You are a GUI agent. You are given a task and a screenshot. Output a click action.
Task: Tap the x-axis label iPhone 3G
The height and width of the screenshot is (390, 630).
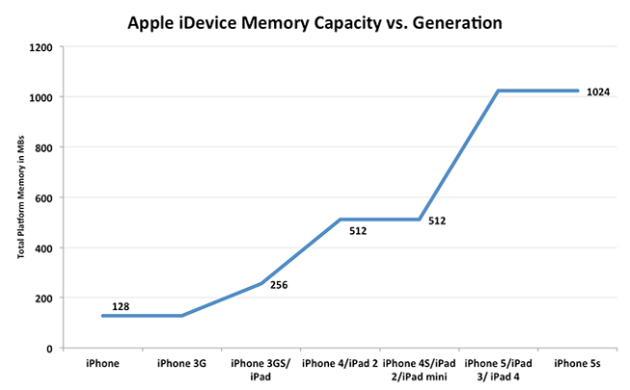coord(181,363)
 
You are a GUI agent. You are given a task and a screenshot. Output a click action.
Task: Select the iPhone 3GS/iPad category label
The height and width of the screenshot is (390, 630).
coord(261,369)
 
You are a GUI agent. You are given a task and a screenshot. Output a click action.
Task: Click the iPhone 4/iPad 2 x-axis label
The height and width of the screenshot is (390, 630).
coord(340,363)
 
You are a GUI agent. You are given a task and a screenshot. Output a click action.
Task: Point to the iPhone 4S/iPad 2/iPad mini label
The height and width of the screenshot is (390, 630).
coord(419,369)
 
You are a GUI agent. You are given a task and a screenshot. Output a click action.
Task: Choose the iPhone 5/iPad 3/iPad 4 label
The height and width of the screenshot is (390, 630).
coord(498,369)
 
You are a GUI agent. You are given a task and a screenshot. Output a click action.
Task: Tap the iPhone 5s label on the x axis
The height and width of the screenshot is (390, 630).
coord(578,363)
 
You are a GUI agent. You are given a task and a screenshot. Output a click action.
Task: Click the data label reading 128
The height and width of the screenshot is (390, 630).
coord(120,306)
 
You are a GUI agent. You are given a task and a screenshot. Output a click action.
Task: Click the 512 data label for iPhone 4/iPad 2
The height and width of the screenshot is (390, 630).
coord(359,230)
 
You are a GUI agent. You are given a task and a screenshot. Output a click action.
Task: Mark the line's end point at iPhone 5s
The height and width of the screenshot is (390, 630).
coord(578,91)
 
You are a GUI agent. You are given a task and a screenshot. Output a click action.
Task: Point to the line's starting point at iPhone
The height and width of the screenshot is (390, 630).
coord(102,316)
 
